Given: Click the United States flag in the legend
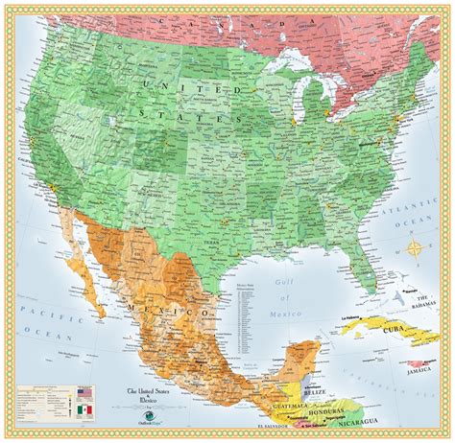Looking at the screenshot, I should [85, 393].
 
